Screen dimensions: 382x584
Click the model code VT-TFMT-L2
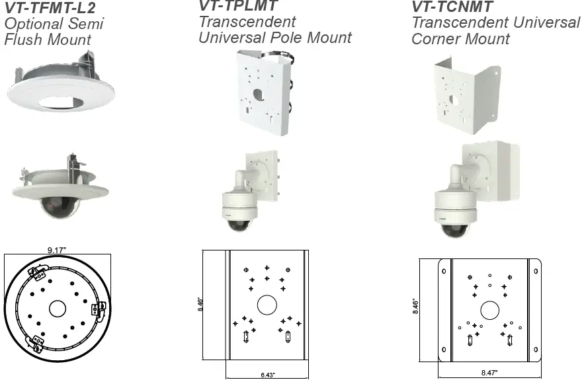click(x=50, y=9)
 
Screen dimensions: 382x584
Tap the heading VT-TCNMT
click(x=452, y=6)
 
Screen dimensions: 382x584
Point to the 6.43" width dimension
click(x=267, y=375)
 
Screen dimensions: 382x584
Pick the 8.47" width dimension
click(x=490, y=373)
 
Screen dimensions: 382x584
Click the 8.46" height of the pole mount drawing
click(x=200, y=305)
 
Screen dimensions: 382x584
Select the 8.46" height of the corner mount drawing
click(x=415, y=307)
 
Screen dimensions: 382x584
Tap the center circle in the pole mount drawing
click(x=267, y=304)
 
